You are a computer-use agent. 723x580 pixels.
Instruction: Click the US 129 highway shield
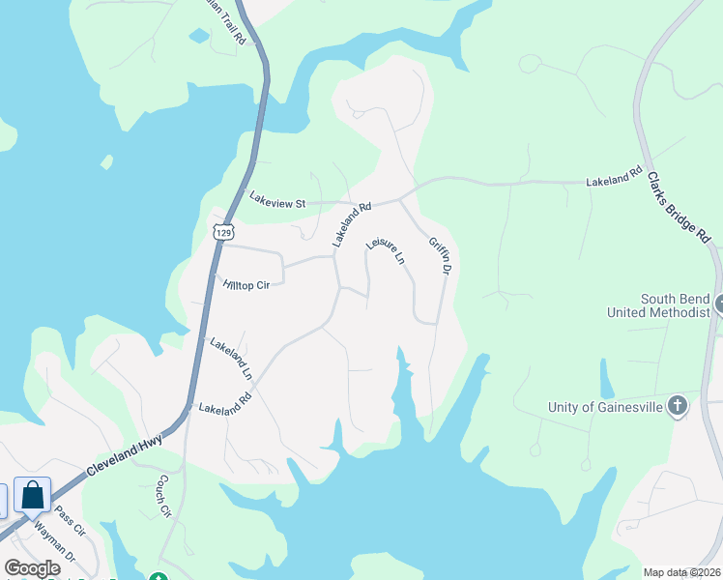point(224,232)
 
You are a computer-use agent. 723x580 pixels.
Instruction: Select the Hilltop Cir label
point(245,285)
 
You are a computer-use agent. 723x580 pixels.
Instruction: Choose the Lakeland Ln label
point(231,358)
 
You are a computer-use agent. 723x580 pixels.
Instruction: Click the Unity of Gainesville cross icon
point(678,407)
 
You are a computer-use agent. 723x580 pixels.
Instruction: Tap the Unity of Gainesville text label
point(605,407)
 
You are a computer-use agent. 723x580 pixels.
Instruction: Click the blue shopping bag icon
point(32,496)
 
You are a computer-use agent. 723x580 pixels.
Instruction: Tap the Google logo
point(32,567)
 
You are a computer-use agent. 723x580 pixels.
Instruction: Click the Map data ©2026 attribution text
point(680,572)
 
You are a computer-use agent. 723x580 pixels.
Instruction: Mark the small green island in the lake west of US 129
point(106,161)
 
